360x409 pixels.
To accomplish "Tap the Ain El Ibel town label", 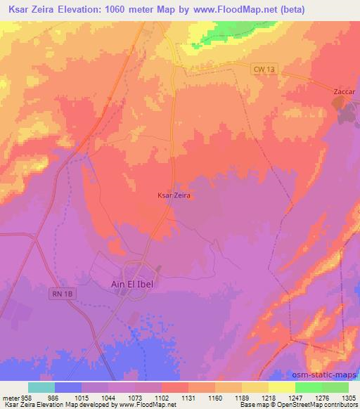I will click(137, 284).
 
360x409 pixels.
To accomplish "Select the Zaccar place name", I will click(345, 91).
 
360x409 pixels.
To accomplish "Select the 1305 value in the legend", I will click(348, 397).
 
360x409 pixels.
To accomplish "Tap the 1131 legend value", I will click(188, 397).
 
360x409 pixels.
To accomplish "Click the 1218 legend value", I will click(269, 397).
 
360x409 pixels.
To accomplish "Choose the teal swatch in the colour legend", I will click(41, 387).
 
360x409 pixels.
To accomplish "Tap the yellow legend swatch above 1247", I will click(281, 387).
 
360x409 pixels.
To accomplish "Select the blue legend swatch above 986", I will click(68, 387).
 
